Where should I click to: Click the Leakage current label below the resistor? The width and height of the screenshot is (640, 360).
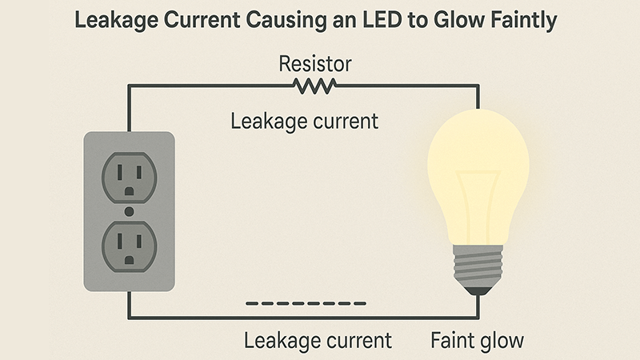304,122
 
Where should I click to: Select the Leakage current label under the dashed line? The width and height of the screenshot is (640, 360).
318,340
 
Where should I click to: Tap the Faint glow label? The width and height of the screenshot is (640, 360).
478,340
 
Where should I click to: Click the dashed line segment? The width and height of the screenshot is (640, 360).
306,303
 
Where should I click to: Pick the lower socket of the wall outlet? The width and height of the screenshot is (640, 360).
128,246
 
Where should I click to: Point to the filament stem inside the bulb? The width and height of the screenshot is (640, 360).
478,208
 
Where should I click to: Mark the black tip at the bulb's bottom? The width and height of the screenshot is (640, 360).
478,291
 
